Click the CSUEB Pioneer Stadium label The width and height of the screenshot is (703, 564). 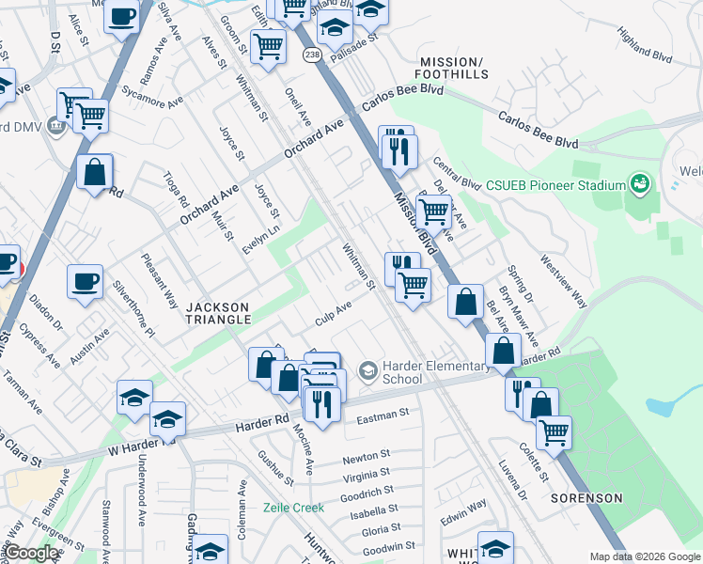pyautogui.click(x=555, y=184)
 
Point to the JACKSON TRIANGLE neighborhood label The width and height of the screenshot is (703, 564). pyautogui.click(x=218, y=313)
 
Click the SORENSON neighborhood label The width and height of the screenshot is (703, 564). pyautogui.click(x=586, y=497)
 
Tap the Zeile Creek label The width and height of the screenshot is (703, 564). pyautogui.click(x=293, y=508)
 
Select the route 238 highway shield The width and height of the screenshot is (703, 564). pyautogui.click(x=310, y=56)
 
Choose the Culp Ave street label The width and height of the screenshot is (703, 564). pyautogui.click(x=333, y=313)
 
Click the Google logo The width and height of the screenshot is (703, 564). pyautogui.click(x=31, y=554)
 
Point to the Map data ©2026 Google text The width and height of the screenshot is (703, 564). pyautogui.click(x=644, y=556)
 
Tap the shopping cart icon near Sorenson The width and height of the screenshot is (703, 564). pyautogui.click(x=555, y=432)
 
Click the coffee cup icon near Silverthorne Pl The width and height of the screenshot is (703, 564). pyautogui.click(x=85, y=282)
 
